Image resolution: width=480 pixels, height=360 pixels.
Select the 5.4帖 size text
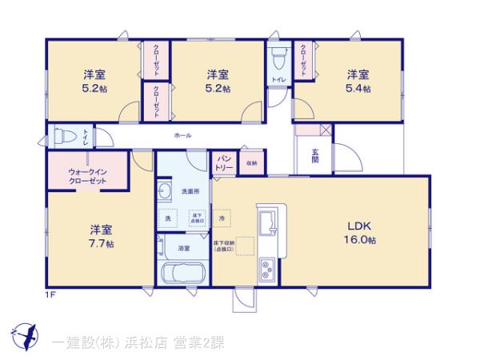click(x=358, y=89)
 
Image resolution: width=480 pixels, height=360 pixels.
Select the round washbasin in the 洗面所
click(x=166, y=190)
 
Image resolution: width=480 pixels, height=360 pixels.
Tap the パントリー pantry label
click(x=224, y=163)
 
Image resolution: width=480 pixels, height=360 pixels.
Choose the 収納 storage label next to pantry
click(x=251, y=163)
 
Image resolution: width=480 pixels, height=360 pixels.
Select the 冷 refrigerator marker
click(x=222, y=218)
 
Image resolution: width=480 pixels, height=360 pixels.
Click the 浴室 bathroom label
click(x=183, y=249)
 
